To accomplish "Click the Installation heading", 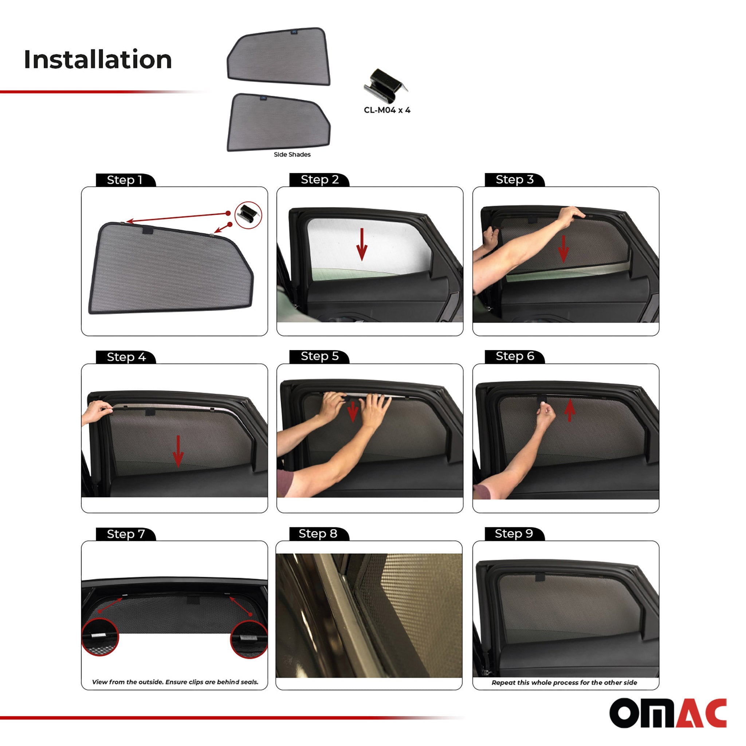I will point(98,60).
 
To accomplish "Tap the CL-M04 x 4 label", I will point(387,110).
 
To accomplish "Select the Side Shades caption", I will point(292,154).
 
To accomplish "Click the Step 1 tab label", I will point(125,180).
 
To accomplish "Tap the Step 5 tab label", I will point(319,356).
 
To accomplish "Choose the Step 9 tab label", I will point(514,533).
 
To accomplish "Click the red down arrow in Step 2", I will point(362,244).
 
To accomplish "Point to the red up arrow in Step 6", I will point(570,411).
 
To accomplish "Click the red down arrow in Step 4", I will point(178,451).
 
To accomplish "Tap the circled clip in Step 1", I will point(248,215).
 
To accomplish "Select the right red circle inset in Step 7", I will point(249,639).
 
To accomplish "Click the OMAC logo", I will point(668,713).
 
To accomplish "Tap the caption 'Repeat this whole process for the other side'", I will point(564,683).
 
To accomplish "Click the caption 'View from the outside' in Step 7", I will point(175,682).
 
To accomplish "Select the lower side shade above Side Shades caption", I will point(278,122).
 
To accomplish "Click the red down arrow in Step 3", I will point(564,249).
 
